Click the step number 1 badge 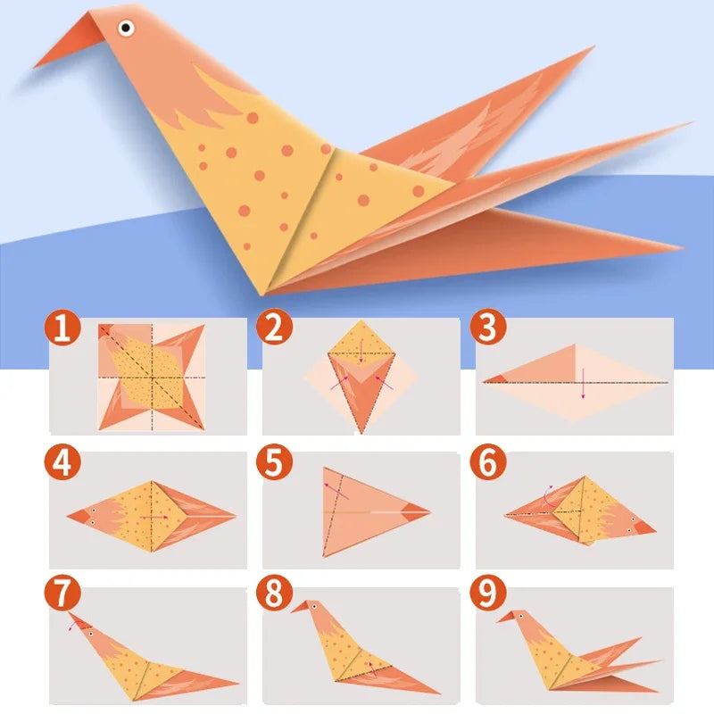pos(61,328)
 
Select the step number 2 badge pos(273,328)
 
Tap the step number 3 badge pos(486,328)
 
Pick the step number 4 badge pos(61,463)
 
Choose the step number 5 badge pos(273,463)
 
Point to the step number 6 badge pos(486,463)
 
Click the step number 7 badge pos(61,593)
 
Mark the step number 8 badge pos(273,593)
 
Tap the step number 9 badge pos(486,593)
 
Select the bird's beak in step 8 pos(300,608)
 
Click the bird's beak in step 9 pos(506,616)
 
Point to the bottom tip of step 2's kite pos(361,432)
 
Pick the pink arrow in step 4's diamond pos(157,516)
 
